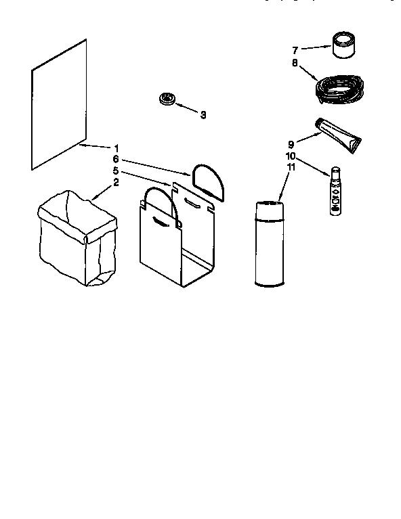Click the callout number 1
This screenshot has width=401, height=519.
116,148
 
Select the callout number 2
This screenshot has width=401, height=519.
116,182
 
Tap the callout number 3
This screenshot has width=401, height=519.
203,115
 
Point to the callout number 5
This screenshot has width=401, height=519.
115,171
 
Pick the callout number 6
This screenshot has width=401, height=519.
115,159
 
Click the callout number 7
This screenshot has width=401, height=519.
295,50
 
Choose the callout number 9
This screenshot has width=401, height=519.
291,144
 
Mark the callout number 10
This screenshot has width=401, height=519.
291,156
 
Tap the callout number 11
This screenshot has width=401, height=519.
291,167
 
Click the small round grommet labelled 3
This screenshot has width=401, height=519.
168,99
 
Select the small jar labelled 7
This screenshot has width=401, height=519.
343,45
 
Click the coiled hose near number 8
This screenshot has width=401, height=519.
339,89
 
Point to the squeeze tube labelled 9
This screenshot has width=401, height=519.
338,135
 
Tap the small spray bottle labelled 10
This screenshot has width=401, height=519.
336,191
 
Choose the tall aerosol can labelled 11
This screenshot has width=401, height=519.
270,244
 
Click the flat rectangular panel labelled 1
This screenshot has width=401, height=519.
59,105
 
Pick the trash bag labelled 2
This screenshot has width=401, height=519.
77,238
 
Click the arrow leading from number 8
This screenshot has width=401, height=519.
308,74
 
